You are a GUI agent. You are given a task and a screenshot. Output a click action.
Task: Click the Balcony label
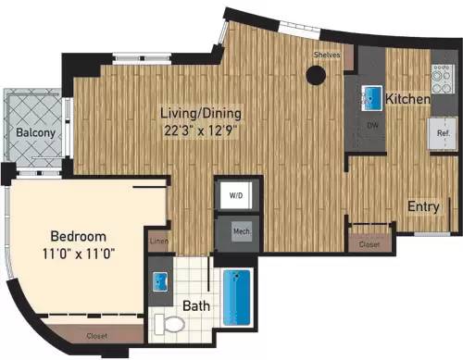[33, 133]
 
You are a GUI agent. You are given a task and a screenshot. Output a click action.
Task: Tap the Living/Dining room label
[201, 113]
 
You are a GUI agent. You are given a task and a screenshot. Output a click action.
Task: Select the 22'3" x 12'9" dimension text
[201, 130]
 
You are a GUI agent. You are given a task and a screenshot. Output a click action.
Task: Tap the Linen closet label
[157, 242]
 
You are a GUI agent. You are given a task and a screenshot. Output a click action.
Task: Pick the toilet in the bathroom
[169, 322]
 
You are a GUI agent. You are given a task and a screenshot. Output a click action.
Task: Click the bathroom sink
[163, 281]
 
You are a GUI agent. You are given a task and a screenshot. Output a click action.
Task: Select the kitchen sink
[370, 94]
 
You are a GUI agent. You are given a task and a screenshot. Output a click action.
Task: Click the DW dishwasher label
[372, 125]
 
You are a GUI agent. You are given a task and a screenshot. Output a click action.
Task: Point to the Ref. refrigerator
[443, 131]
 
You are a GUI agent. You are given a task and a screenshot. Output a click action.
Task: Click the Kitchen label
[407, 98]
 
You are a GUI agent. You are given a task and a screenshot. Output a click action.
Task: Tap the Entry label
[423, 206]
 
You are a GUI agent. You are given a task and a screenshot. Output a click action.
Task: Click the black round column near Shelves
[317, 77]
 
